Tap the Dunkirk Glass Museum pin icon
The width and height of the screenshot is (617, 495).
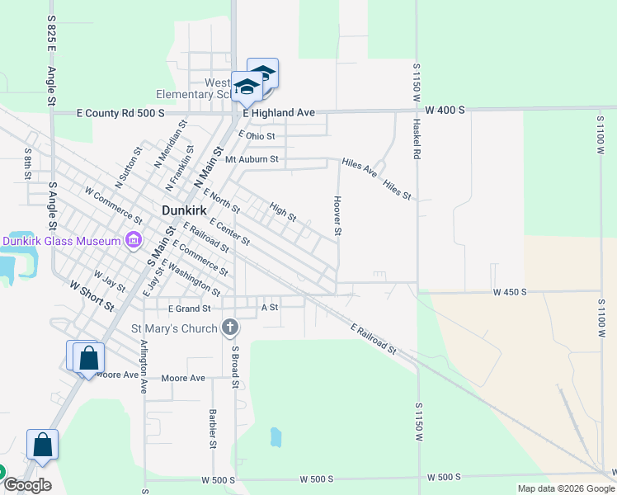133,241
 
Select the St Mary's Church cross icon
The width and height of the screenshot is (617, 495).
230,328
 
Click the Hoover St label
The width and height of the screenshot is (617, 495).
337,215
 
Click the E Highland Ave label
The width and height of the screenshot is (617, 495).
279,112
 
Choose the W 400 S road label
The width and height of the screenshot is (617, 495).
445,110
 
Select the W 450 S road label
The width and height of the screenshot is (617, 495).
510,292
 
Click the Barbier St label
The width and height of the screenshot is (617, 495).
213,422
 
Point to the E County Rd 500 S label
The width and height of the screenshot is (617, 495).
120,113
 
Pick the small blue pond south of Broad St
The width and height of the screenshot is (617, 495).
276,436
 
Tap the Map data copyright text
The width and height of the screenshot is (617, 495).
564,488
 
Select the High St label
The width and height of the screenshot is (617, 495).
283,211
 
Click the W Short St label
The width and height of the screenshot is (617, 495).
92,295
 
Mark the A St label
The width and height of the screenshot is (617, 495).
269,307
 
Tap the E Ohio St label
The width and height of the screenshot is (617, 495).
257,135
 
